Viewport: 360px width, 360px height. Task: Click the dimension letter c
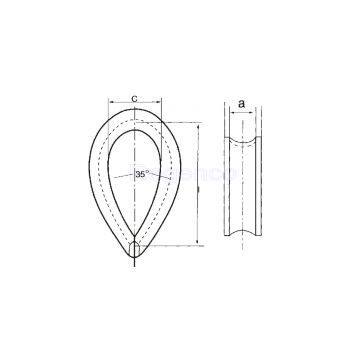point(135,99)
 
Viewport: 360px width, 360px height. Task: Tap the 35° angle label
point(142,175)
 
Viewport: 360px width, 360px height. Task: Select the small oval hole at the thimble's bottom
point(135,247)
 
